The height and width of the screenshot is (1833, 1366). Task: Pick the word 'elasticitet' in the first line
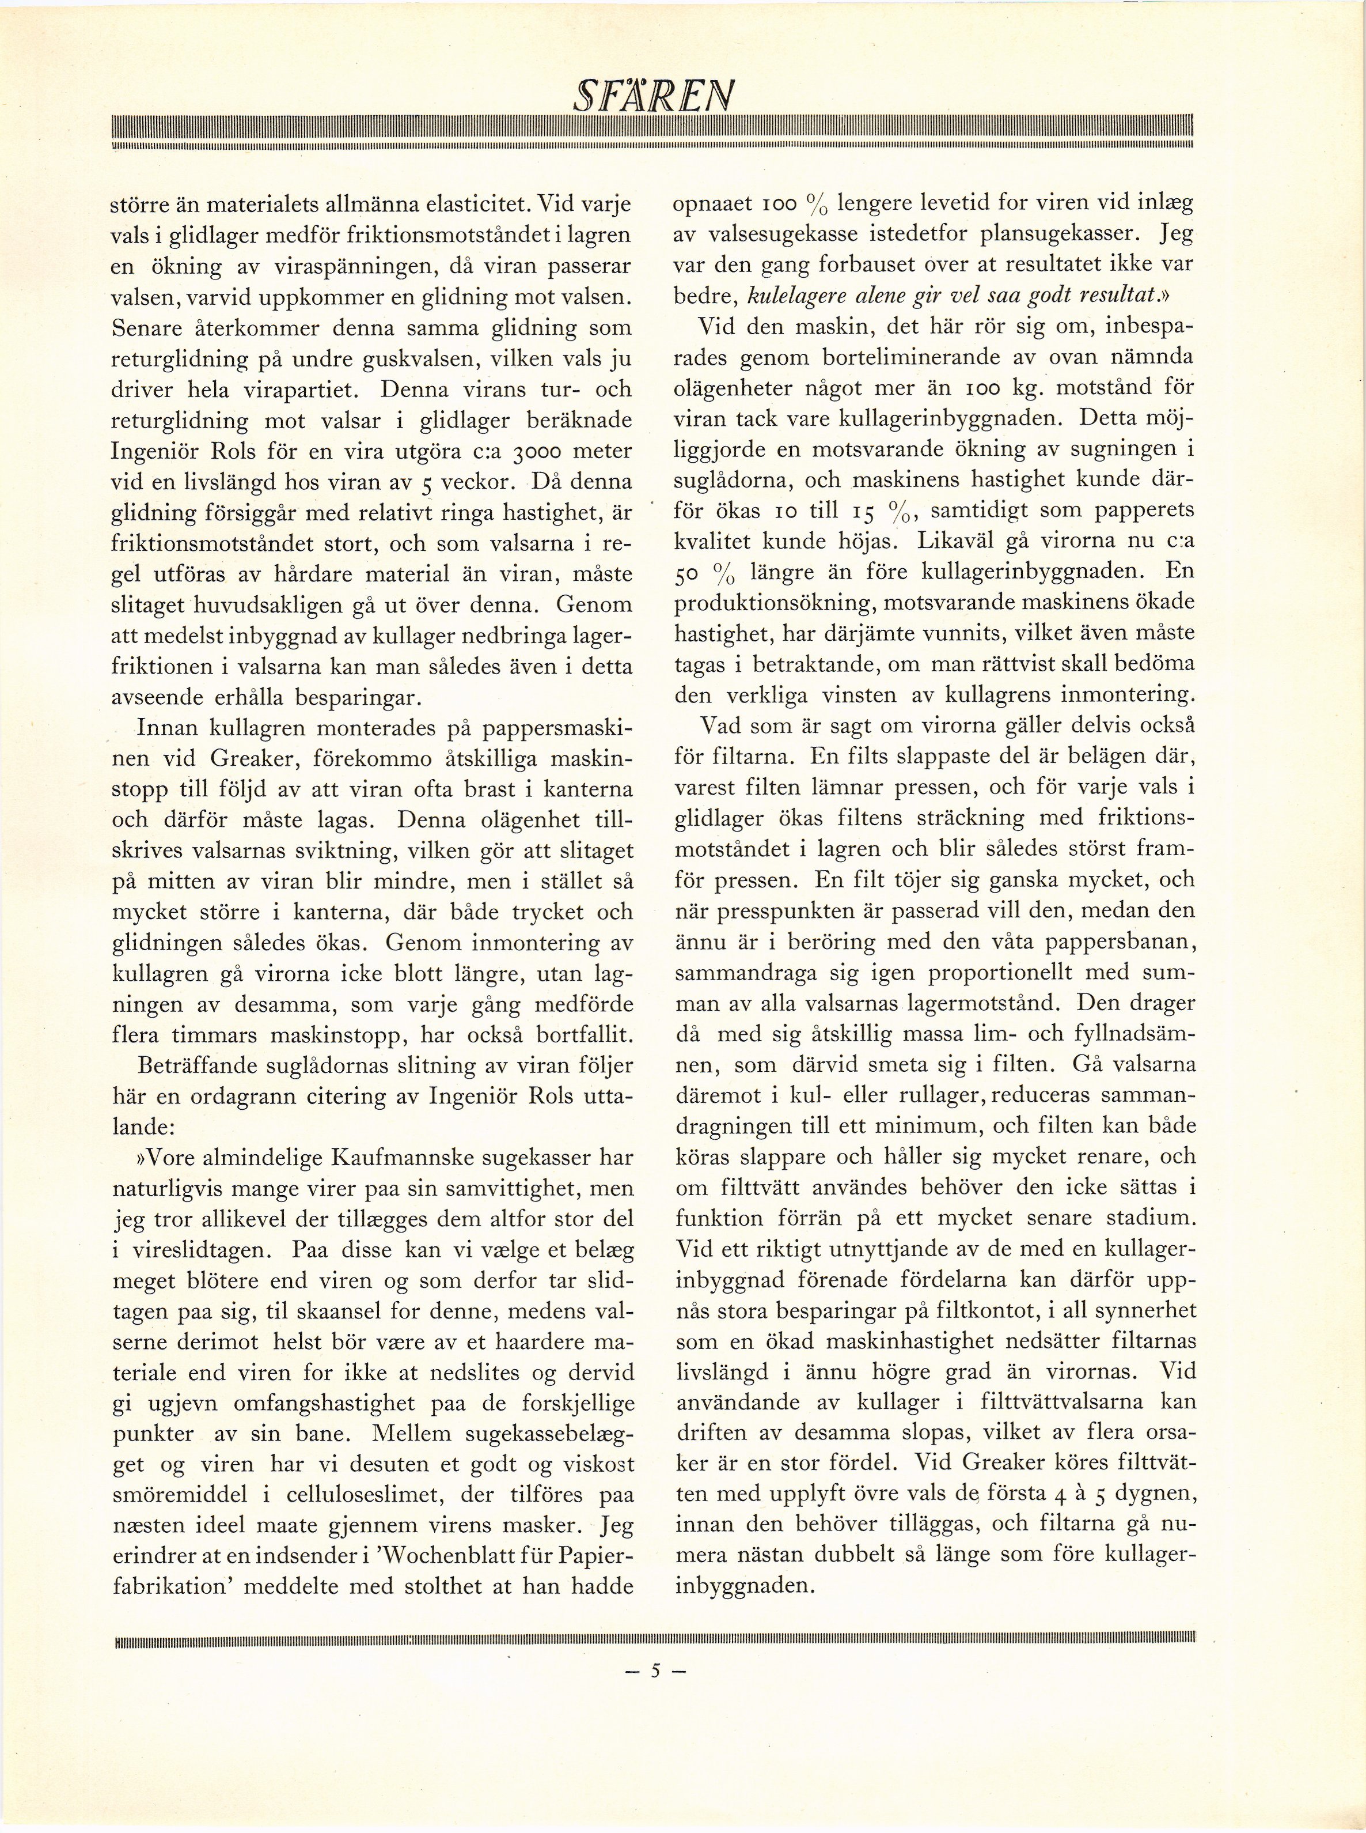point(457,205)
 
